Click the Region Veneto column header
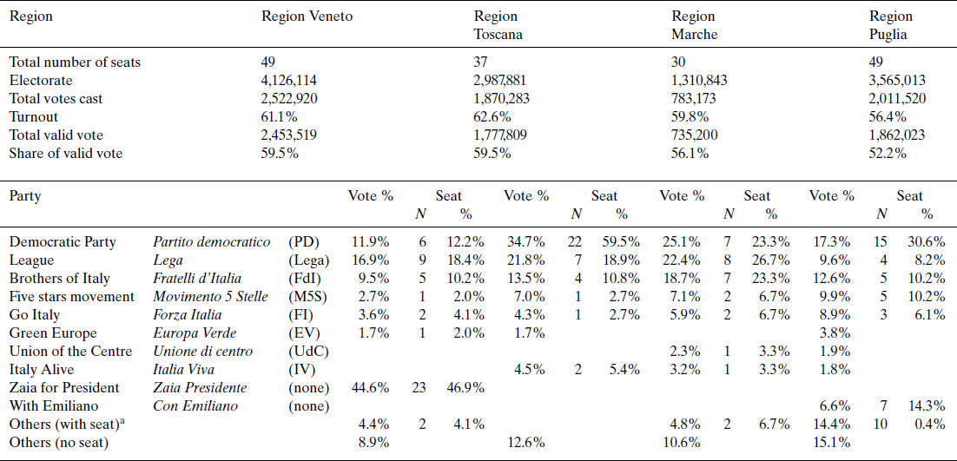307,16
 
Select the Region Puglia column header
891,25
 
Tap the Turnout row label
34,116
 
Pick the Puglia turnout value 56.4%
889,116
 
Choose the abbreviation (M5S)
308,297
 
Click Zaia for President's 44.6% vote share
371,387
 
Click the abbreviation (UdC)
308,351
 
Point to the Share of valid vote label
65,153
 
